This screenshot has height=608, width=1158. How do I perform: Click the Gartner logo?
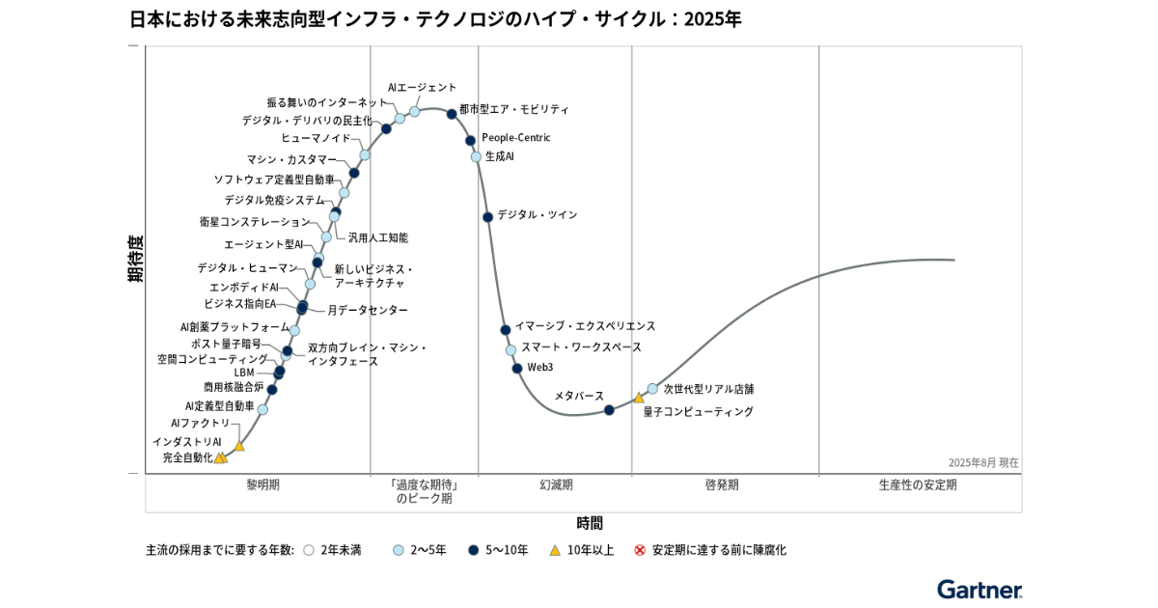pos(979,589)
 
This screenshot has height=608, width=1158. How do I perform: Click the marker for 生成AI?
pos(476,156)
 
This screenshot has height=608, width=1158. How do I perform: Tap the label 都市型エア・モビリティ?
pos(513,110)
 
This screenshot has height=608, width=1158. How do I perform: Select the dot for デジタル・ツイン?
pos(487,217)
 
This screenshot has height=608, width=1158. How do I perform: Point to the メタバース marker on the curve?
pos(609,410)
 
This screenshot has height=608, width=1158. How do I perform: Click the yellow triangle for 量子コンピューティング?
pos(639,398)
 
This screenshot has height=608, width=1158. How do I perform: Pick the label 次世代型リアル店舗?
pos(708,389)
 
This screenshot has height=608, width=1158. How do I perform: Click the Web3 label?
pos(540,368)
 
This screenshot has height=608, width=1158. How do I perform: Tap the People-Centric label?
pos(515,138)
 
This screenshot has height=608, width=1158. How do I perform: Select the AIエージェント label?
pos(422,88)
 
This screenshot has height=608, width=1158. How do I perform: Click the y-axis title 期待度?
pos(135,258)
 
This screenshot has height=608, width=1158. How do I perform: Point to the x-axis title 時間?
pos(590,523)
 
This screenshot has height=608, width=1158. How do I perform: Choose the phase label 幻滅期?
pos(556,484)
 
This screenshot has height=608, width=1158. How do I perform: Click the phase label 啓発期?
pos(722,484)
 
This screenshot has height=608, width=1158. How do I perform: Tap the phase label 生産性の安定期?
pos(918,484)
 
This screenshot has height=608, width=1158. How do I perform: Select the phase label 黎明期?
pos(262,484)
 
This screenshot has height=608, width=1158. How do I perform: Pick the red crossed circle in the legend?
pos(639,550)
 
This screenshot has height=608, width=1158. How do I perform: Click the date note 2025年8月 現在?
pos(982,463)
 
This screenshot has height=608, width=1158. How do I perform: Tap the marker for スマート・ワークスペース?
pos(510,350)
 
